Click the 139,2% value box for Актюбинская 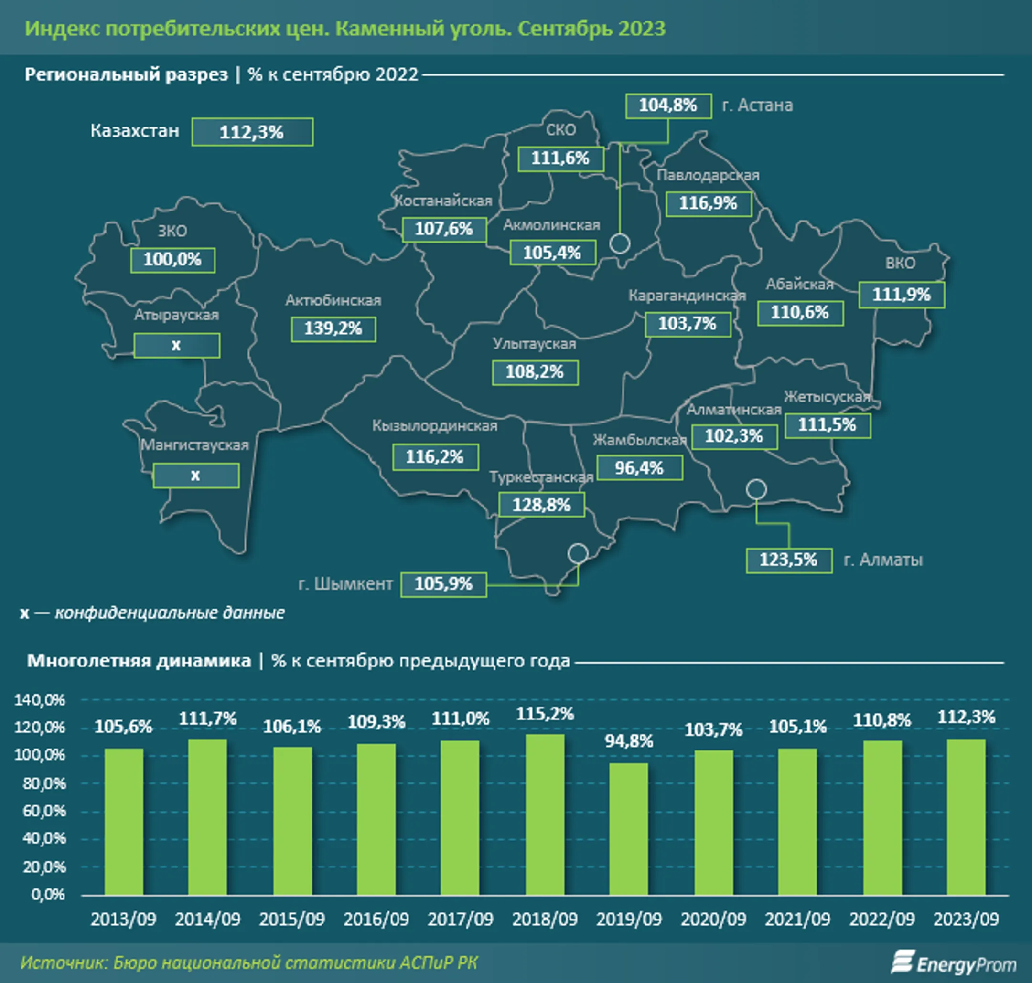coord(333,329)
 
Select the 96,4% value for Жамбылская coord(640,467)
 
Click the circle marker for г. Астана coord(620,243)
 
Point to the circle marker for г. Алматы coord(756,489)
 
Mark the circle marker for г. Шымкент coord(578,553)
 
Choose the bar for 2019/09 coord(629,829)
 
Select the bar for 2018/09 coord(545,815)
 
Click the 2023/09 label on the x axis coord(966,919)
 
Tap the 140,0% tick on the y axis coord(39,700)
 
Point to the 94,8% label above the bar coord(629,741)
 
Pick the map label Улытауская coord(534,344)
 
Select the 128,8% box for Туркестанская coord(541,505)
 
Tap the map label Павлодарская coord(708,175)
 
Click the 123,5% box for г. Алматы coord(789,560)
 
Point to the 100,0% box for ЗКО coord(172,260)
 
